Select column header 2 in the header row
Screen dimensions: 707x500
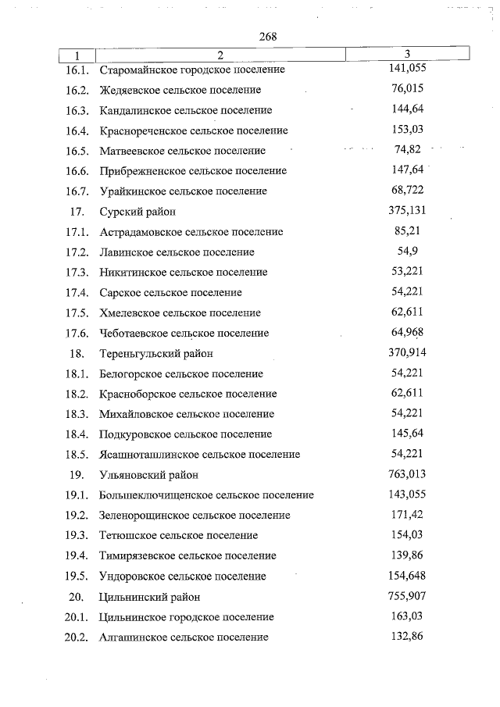tap(220, 55)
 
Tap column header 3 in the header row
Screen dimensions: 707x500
tap(408, 54)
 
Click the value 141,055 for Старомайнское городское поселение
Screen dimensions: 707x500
tap(407, 69)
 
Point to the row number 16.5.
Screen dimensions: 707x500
tap(77, 151)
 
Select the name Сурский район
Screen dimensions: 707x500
tap(137, 212)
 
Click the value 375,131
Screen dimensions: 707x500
tap(407, 211)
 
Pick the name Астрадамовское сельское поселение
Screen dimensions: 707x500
tap(191, 232)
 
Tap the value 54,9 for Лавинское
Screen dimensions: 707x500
tap(408, 252)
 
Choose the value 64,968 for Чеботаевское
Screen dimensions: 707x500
tap(407, 333)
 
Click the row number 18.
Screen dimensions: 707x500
tap(77, 354)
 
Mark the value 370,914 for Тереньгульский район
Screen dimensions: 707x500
tap(407, 352)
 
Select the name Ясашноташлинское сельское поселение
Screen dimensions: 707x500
tap(200, 455)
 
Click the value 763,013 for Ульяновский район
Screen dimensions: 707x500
tap(407, 473)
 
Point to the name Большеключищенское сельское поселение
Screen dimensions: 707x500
tap(207, 495)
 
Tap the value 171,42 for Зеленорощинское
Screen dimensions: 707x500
tap(407, 515)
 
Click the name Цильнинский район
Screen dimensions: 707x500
tap(150, 597)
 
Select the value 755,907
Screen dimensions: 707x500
tap(407, 596)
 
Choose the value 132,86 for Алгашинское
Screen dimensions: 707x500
tap(407, 637)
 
